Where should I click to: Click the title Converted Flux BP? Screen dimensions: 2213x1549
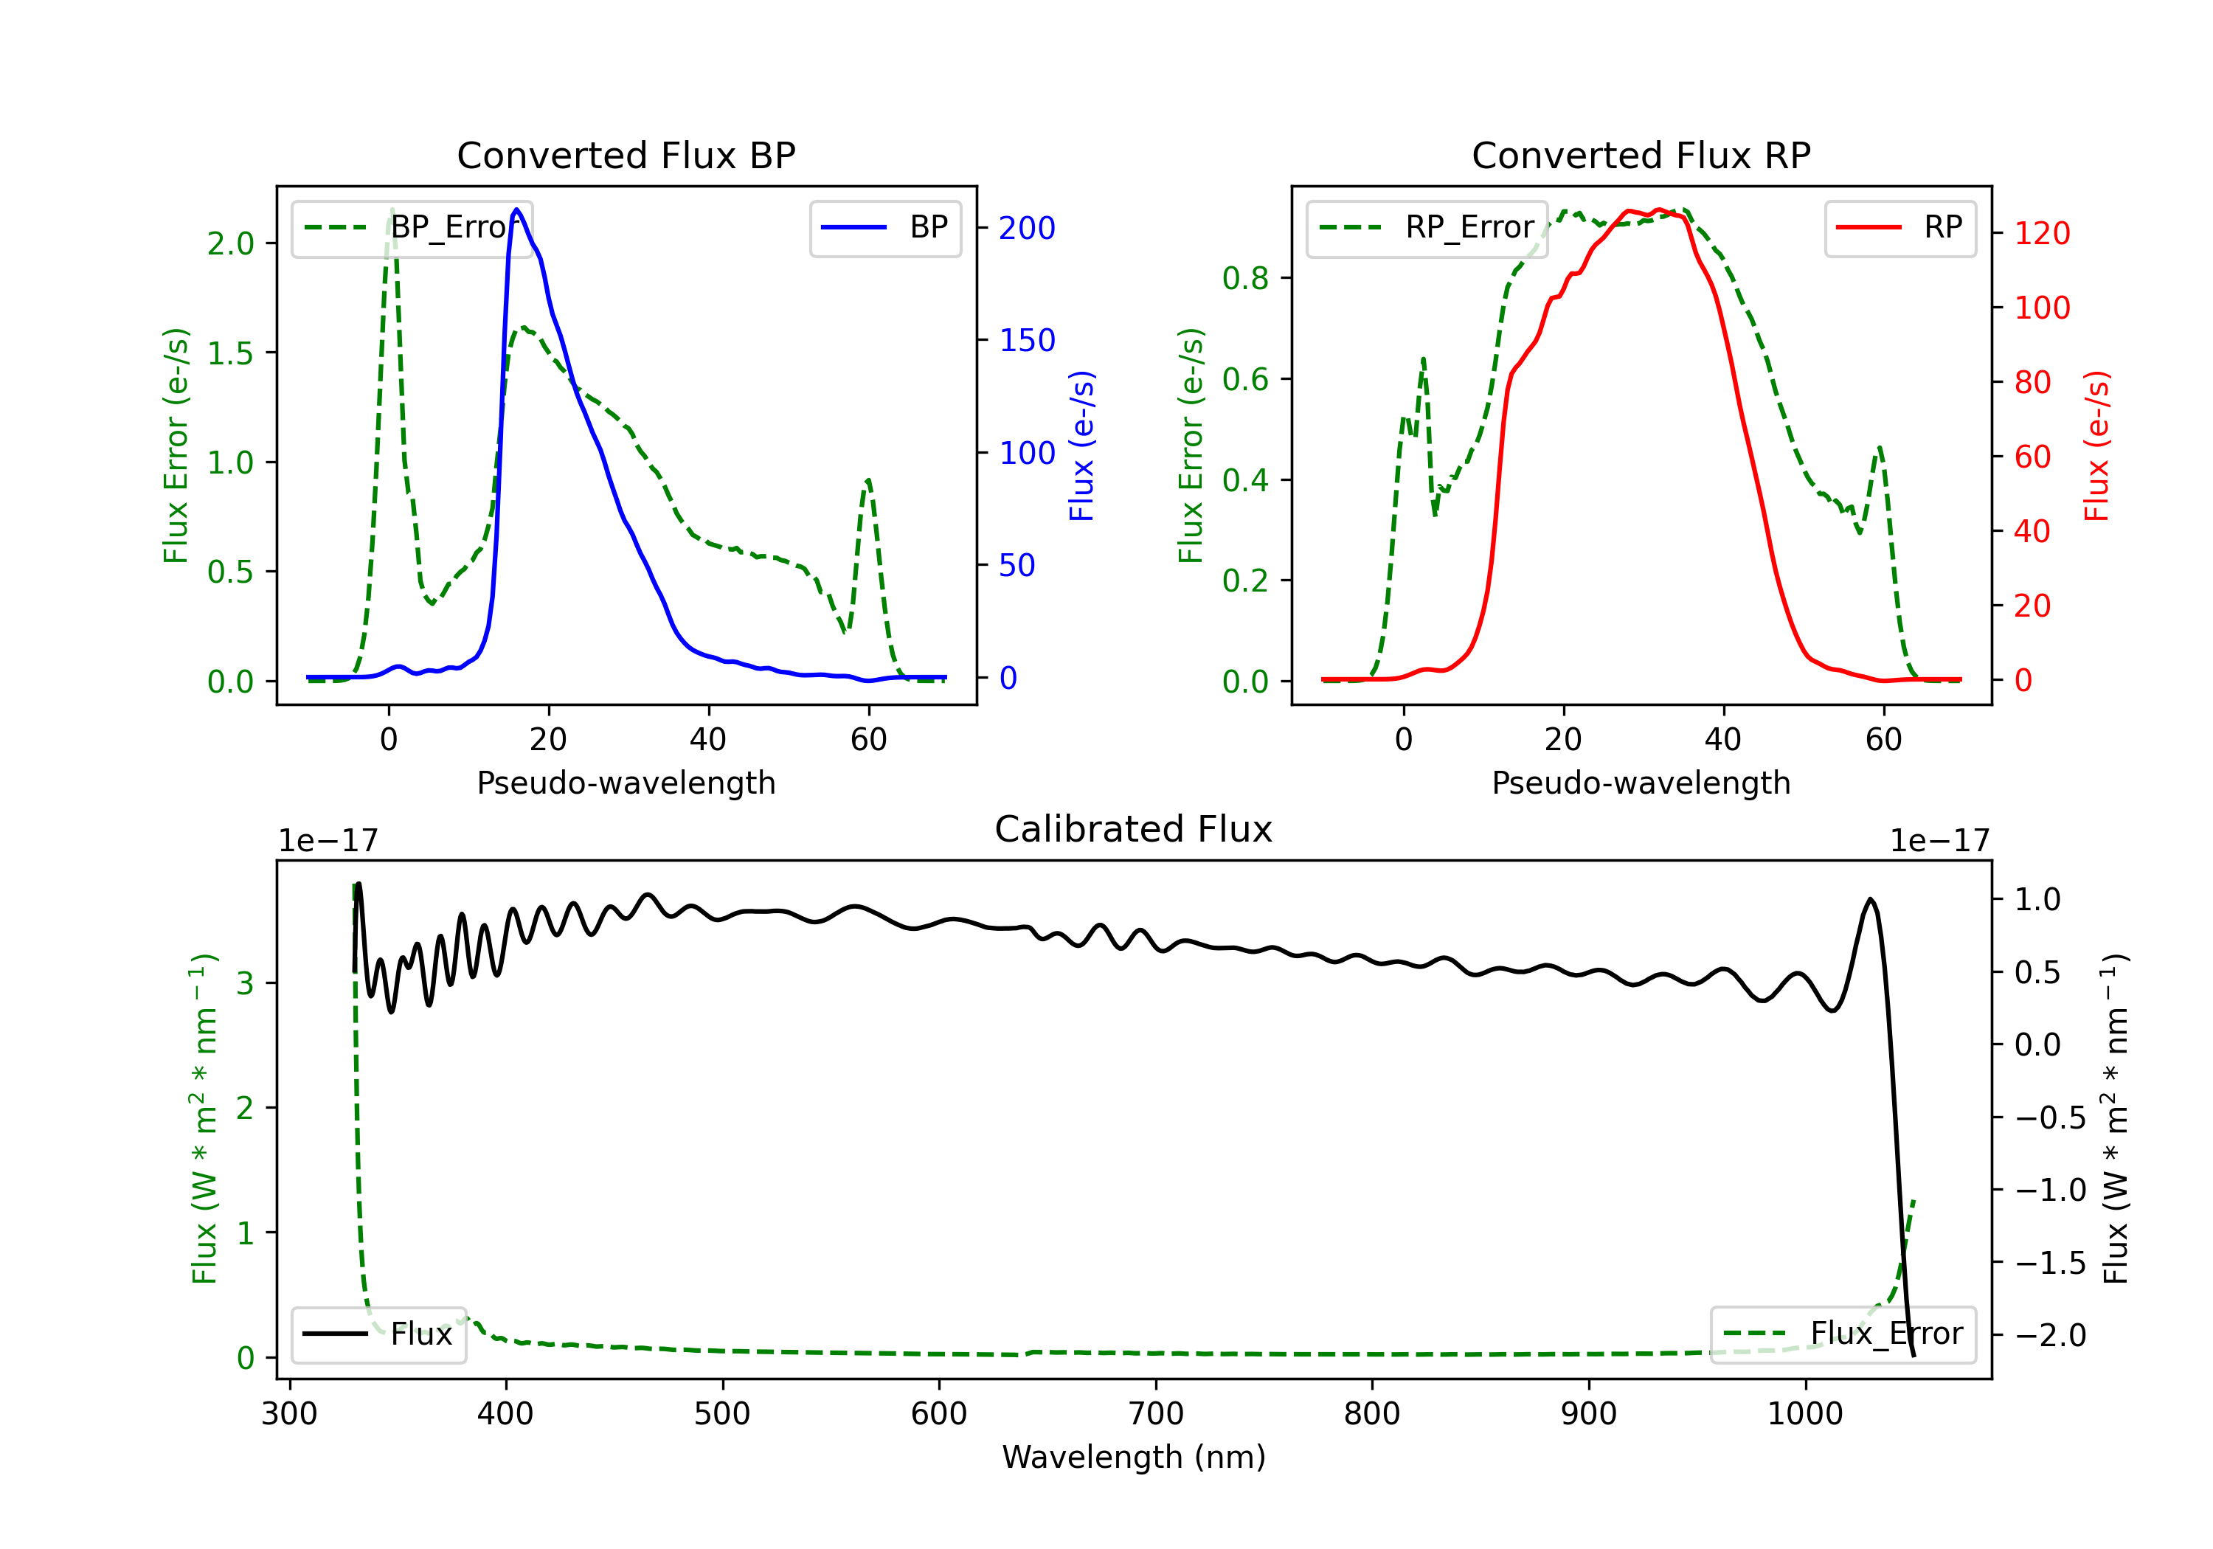click(x=626, y=155)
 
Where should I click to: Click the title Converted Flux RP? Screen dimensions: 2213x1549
click(x=1641, y=155)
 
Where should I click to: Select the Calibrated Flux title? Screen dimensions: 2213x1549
click(x=1134, y=829)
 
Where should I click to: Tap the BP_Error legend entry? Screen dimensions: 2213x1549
click(x=412, y=227)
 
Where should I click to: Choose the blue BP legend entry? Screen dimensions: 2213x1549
click(x=884, y=227)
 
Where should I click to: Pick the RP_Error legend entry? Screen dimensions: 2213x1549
click(x=1427, y=227)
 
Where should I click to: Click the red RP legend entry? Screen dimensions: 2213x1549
click(x=1899, y=227)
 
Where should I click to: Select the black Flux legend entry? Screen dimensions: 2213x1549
click(x=378, y=1334)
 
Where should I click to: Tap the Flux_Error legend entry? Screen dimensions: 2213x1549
click(x=1843, y=1334)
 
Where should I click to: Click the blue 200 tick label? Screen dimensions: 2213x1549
click(x=1027, y=229)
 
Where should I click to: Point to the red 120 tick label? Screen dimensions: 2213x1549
click(x=2043, y=233)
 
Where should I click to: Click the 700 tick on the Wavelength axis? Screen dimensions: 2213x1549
click(x=1156, y=1414)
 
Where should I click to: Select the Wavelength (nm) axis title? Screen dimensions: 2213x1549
click(x=1134, y=1458)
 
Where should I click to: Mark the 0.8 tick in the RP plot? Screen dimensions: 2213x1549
click(x=1245, y=279)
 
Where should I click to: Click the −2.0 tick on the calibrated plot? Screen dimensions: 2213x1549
click(x=2050, y=1335)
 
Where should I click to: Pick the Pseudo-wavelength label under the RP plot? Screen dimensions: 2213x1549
click(x=1641, y=783)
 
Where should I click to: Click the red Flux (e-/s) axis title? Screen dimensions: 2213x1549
click(x=2096, y=446)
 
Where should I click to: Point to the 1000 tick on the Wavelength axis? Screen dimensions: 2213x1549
click(x=1805, y=1414)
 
